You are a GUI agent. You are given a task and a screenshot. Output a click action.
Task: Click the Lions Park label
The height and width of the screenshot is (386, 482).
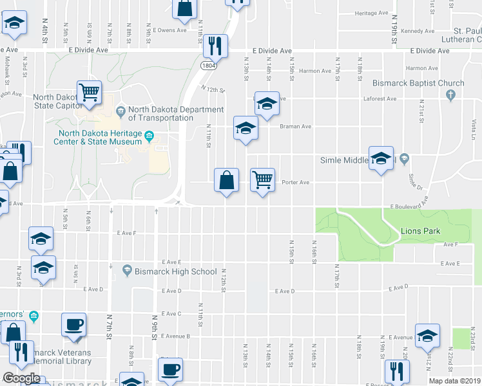tap(419, 230)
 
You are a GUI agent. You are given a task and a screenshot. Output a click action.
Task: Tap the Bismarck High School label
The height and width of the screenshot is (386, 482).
tap(175, 271)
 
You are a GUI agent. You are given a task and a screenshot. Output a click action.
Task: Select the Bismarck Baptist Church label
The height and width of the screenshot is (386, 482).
tap(418, 83)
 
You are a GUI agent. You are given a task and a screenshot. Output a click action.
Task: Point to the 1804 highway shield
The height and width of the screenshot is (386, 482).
tap(208, 66)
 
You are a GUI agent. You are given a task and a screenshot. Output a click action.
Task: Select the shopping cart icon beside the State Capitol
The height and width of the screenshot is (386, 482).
tap(89, 91)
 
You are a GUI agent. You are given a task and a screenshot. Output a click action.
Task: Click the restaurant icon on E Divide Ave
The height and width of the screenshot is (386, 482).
tap(214, 45)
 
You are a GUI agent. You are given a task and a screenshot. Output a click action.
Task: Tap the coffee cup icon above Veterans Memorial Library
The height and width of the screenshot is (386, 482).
tap(73, 324)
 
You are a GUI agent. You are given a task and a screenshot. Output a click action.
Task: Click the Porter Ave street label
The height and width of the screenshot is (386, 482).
tap(296, 182)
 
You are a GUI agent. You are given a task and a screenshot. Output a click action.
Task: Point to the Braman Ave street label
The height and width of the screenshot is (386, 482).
tap(295, 127)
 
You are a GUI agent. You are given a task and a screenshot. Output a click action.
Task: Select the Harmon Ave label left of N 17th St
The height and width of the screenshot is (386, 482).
tap(314, 71)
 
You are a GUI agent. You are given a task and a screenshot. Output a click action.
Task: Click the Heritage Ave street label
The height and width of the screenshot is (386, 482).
tap(371, 13)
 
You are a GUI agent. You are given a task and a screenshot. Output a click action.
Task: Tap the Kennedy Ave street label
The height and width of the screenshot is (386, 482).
tap(418, 31)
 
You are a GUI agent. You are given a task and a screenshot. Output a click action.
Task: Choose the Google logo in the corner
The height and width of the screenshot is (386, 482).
tap(21, 378)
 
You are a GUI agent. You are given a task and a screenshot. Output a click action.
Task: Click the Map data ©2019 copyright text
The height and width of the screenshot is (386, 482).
tap(455, 381)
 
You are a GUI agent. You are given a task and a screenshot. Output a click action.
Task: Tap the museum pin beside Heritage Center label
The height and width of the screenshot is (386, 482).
tap(149, 136)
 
